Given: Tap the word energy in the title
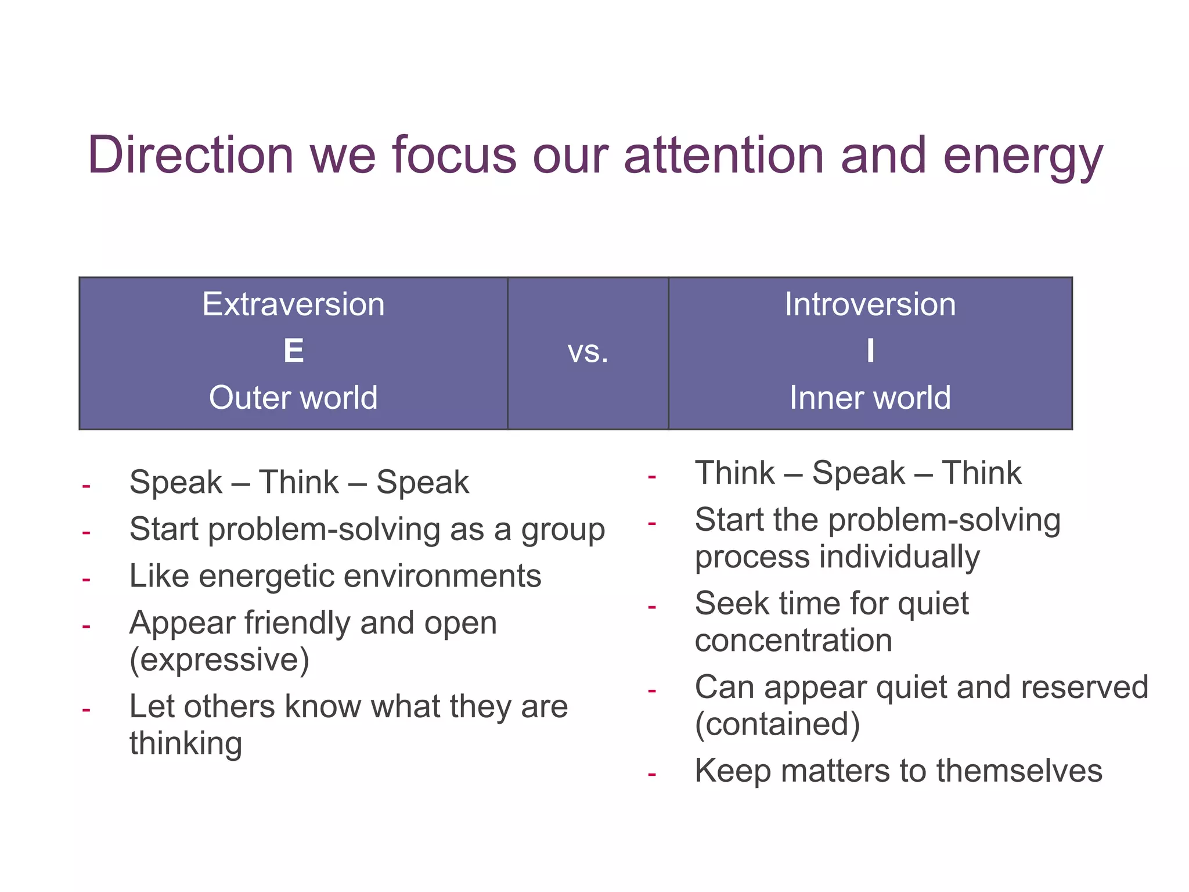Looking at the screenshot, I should (1022, 157).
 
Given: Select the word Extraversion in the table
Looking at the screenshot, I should (293, 304).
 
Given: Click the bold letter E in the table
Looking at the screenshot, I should (293, 351).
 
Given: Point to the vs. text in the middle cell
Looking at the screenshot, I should (588, 352).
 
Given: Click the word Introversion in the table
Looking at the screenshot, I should (870, 304).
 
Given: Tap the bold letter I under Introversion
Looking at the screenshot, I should (870, 351).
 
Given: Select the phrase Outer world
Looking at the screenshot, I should (293, 398).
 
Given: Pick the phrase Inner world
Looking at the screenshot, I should (870, 398).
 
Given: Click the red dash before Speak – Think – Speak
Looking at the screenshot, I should (86, 485).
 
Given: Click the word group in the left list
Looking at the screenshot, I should (563, 531).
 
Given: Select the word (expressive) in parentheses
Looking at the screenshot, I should (219, 660).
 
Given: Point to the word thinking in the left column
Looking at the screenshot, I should (186, 743).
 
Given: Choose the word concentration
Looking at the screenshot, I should (793, 641).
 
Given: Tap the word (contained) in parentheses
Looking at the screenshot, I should (777, 724).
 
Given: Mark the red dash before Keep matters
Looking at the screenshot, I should (651, 774).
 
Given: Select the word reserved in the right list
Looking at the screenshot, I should (1084, 688).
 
